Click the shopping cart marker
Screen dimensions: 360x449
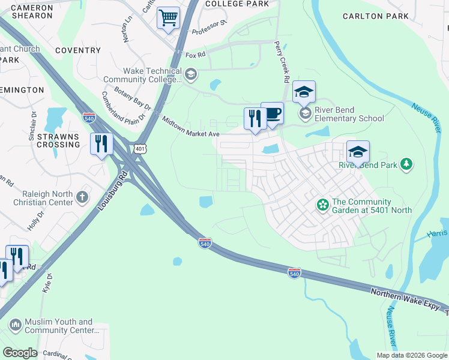coord(169,17)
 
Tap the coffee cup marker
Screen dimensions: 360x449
coord(272,113)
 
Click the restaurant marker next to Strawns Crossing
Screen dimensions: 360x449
coord(101,144)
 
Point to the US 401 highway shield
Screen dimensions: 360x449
coord(139,148)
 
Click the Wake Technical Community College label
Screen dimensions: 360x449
coord(143,75)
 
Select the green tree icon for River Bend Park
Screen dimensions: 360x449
coord(407,164)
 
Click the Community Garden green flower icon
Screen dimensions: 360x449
coord(323,206)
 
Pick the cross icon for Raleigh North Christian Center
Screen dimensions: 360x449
coord(82,196)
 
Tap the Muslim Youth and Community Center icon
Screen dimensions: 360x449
coord(15,326)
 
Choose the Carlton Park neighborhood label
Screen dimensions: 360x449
coord(376,16)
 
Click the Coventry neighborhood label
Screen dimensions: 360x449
coord(77,51)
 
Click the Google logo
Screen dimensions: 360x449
coord(20,353)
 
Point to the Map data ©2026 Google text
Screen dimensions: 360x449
coord(411,355)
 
